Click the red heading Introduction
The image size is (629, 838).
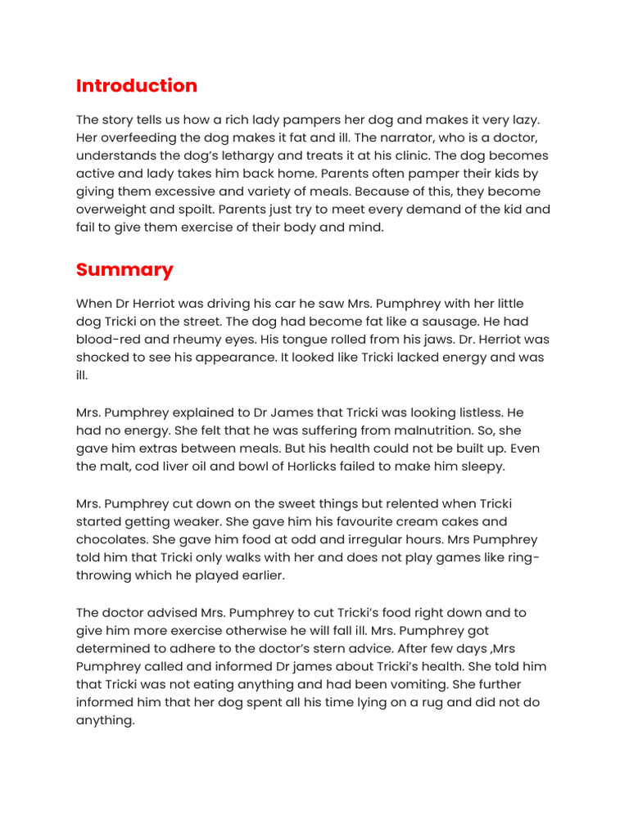137,86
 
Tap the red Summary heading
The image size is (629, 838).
124,269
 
